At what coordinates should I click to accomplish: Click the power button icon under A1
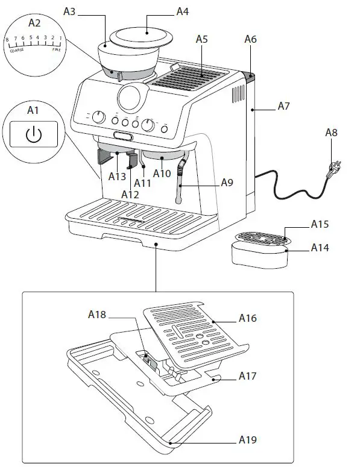[x=34, y=135]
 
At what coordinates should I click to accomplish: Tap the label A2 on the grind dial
[x=34, y=24]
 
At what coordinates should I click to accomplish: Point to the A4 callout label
[x=182, y=11]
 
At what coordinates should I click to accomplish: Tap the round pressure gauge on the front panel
[x=131, y=95]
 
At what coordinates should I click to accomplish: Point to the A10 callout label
[x=162, y=174]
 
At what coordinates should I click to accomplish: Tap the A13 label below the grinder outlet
[x=117, y=176]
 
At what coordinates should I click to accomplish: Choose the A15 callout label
[x=319, y=224]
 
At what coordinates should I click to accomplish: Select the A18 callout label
[x=96, y=314]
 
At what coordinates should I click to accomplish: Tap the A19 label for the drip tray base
[x=247, y=440]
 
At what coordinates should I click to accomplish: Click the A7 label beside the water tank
[x=284, y=106]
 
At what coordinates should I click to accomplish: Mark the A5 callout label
[x=202, y=39]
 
